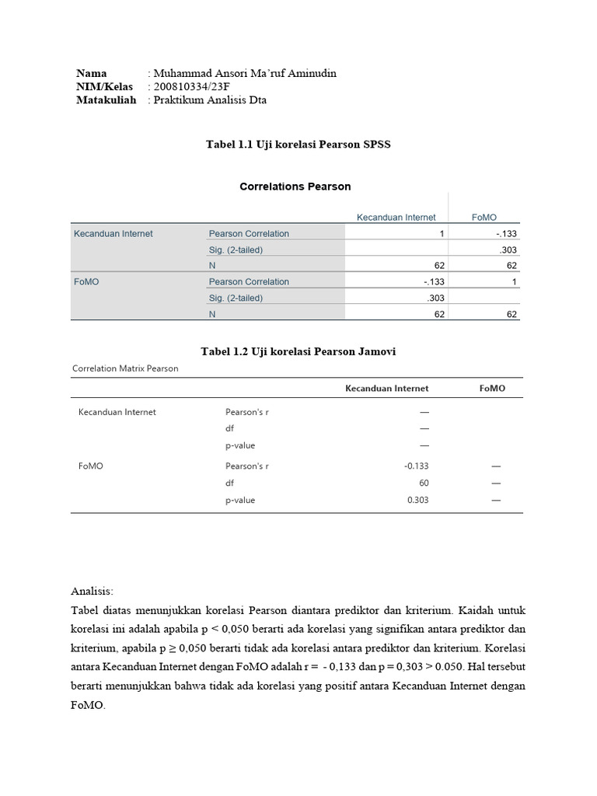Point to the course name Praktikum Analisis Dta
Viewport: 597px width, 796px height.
[x=210, y=100]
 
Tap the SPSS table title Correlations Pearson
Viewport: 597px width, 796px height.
[x=295, y=187]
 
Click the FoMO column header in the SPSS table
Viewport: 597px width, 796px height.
[x=484, y=218]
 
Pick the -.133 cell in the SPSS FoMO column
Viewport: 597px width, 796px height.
[x=505, y=234]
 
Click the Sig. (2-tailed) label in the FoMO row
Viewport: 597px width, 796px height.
[x=236, y=298]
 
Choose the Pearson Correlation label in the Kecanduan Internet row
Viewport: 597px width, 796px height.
[x=249, y=234]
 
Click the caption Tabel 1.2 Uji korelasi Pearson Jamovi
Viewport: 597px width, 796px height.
[x=298, y=352]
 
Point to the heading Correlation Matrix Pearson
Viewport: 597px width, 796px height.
[x=125, y=368]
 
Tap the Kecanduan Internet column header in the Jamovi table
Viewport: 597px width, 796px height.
[x=386, y=389]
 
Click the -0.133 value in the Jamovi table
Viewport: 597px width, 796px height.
[x=416, y=466]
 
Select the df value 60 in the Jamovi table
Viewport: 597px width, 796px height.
[x=423, y=484]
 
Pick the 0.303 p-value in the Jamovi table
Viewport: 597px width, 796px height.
[x=417, y=501]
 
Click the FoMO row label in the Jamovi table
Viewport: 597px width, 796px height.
[x=91, y=466]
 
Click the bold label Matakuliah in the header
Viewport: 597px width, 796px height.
[x=106, y=100]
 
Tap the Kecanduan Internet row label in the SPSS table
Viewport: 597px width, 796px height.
[x=113, y=234]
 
